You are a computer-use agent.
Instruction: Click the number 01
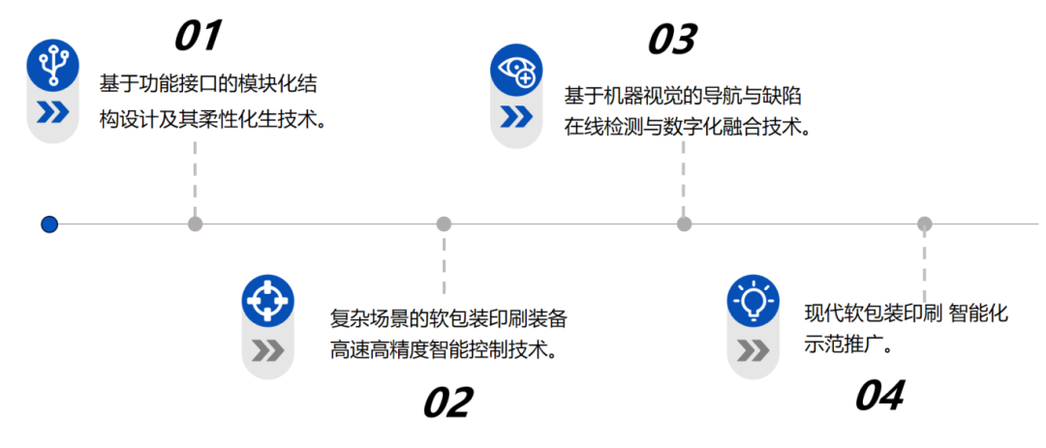(x=198, y=36)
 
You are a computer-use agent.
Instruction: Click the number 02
(x=447, y=402)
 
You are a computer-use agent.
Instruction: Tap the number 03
(x=672, y=40)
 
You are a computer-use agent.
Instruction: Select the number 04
(x=879, y=395)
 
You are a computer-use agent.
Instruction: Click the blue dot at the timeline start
(x=49, y=224)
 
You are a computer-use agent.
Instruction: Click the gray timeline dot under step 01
(x=196, y=224)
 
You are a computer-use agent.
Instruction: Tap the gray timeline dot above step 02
(x=444, y=224)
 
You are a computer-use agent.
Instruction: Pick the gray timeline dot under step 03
(x=684, y=224)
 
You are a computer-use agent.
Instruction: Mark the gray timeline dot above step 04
(x=924, y=224)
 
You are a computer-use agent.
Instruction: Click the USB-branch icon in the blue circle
(x=52, y=65)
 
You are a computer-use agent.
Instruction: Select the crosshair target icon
(x=267, y=300)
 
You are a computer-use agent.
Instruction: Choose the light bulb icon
(x=753, y=301)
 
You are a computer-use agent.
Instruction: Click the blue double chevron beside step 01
(x=52, y=113)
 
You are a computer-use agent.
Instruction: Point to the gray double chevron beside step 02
(x=267, y=350)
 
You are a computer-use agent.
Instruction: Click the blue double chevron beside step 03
(x=515, y=117)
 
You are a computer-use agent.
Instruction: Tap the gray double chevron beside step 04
(x=753, y=349)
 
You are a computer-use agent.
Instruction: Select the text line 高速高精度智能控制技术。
(x=445, y=348)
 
